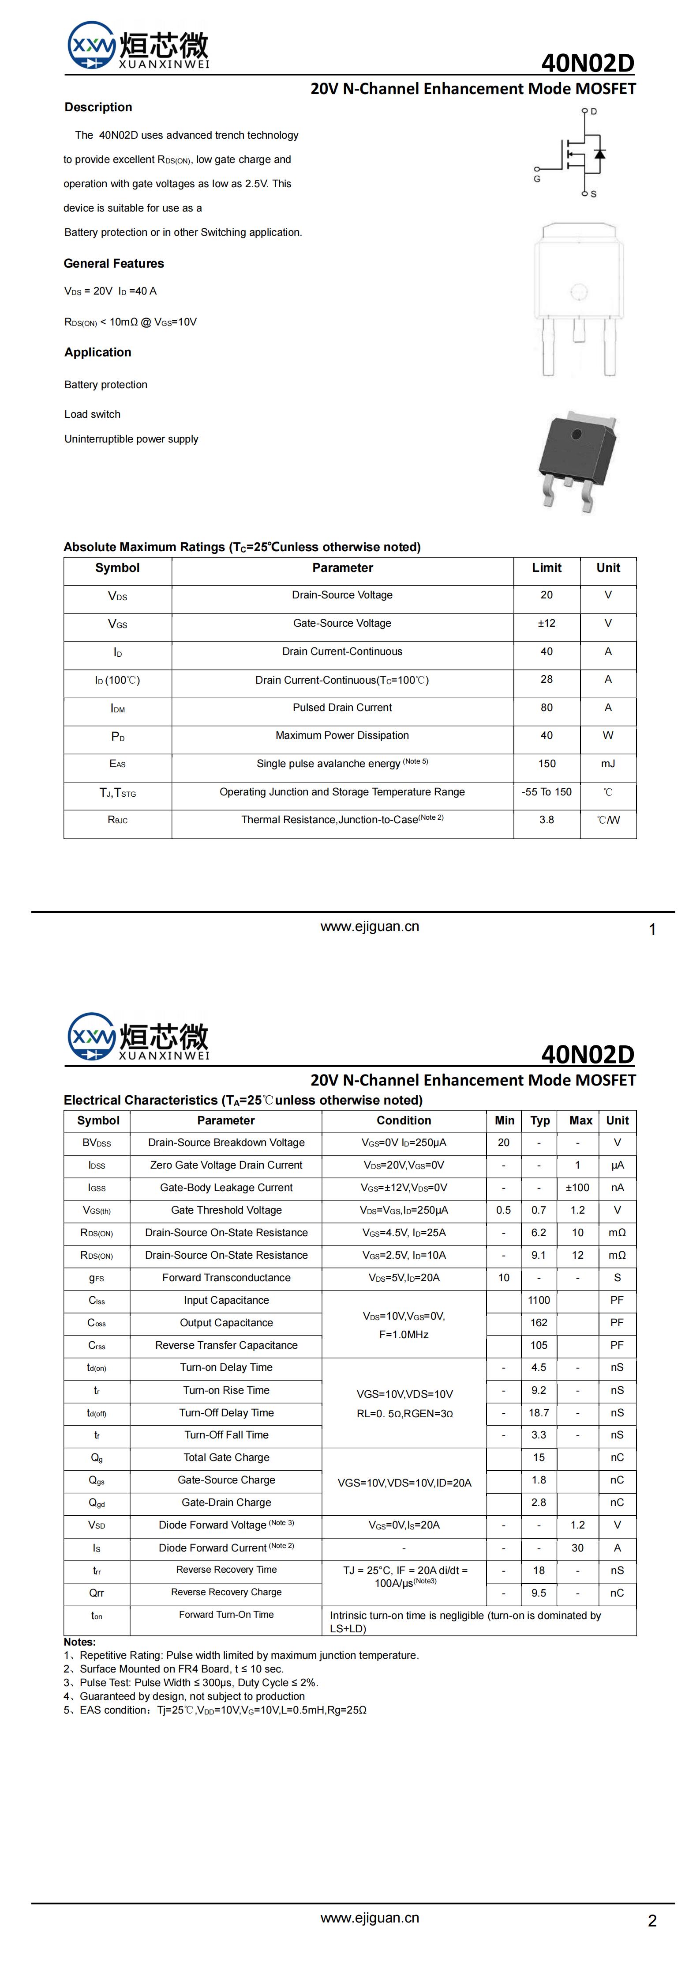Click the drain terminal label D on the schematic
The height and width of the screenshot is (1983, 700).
594,112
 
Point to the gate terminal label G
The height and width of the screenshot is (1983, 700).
537,178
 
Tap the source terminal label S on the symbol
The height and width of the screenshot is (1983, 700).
594,194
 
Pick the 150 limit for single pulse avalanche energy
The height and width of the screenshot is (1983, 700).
546,764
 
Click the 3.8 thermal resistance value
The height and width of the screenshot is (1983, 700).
546,820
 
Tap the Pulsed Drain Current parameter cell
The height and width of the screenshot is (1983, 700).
342,708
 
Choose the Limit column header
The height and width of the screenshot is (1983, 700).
546,568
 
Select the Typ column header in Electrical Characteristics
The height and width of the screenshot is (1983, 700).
540,1121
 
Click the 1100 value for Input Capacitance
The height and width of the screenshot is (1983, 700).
539,1300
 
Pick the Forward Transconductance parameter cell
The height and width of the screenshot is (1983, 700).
226,1278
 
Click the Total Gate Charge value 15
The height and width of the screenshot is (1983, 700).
539,1457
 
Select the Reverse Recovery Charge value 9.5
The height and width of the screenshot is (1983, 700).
539,1593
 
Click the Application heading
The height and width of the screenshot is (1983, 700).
97,352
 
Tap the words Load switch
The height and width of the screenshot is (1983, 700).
92,414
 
